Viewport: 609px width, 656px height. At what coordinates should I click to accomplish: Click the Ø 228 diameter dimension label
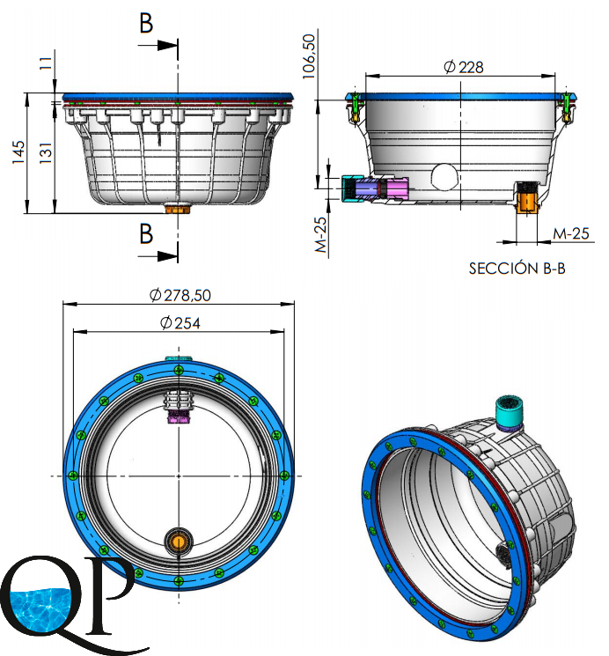pos(463,67)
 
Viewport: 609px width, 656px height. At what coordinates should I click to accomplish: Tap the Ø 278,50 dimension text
pos(180,295)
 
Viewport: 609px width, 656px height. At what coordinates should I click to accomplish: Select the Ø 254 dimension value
pos(180,323)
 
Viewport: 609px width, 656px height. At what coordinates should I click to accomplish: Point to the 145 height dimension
pos(18,152)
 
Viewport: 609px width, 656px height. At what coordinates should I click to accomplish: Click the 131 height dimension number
pos(46,152)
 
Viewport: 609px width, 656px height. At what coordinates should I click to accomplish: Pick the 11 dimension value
pos(46,63)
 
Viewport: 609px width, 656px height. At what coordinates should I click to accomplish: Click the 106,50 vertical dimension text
pos(308,56)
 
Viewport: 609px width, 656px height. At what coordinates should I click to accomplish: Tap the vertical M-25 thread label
pos(320,235)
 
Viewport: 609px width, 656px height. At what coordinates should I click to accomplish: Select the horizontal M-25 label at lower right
pos(571,233)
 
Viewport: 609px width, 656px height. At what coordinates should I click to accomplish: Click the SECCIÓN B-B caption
pos(517,269)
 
